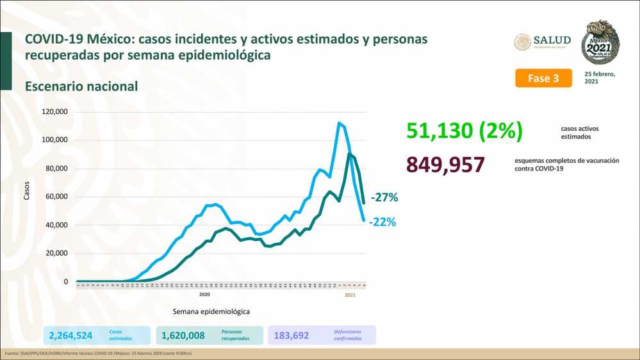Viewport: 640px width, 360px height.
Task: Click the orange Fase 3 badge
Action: point(543,78)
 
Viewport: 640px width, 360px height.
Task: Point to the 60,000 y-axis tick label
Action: point(56,197)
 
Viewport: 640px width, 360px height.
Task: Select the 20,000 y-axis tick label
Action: point(56,253)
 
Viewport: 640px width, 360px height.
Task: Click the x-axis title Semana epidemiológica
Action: point(211,311)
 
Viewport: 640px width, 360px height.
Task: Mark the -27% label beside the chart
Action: point(384,198)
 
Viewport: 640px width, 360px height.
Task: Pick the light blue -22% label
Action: point(382,222)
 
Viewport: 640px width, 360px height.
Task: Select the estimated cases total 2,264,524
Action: point(71,334)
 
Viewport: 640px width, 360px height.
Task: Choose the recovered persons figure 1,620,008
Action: point(183,334)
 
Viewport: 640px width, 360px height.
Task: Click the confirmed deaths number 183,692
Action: point(295,334)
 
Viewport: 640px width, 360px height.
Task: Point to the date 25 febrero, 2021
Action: point(600,78)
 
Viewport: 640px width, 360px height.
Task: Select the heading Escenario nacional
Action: point(81,86)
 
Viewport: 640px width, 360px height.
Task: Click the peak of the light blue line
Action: point(339,123)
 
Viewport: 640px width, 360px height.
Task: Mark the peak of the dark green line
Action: point(349,154)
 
